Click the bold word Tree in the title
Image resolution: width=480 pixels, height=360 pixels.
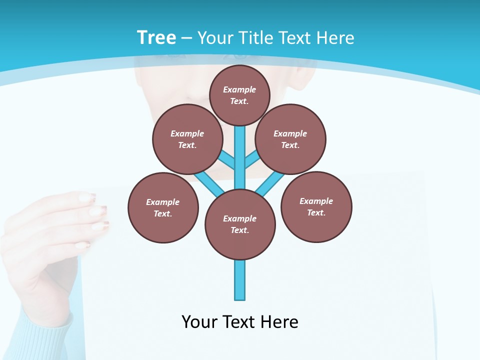click(x=156, y=37)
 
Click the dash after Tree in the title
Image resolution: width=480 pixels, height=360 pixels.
click(x=186, y=38)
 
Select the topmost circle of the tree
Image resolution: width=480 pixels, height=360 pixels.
click(x=239, y=95)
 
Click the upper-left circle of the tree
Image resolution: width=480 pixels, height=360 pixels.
click(x=187, y=139)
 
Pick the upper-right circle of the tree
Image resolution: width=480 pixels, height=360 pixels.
click(x=290, y=139)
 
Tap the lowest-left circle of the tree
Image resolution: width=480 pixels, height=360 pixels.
click(x=163, y=208)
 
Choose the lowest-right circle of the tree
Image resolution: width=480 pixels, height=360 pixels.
click(x=316, y=207)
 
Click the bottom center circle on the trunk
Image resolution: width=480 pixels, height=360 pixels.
click(x=240, y=224)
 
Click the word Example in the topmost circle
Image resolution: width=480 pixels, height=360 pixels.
click(x=239, y=90)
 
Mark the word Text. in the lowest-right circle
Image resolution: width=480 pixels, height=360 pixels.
click(x=316, y=213)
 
